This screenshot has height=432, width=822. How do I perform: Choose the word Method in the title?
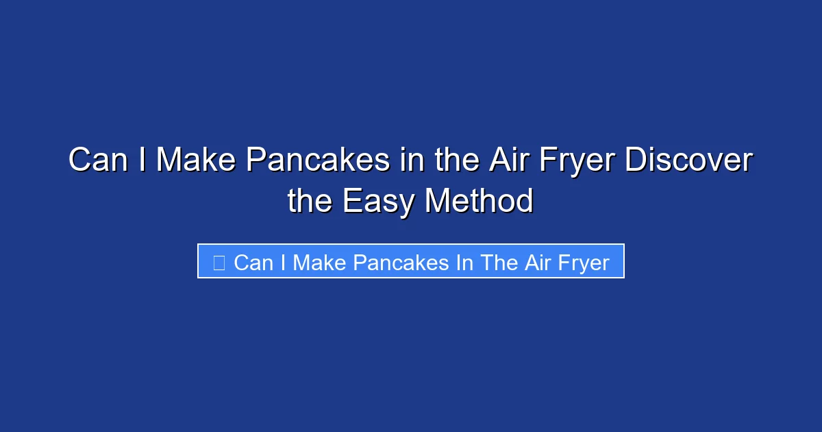pyautogui.click(x=479, y=202)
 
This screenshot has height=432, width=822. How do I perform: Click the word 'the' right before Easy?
pyautogui.click(x=310, y=202)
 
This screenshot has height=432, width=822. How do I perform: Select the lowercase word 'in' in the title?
pyautogui.click(x=412, y=161)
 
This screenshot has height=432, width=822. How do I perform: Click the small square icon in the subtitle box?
pyautogui.click(x=219, y=262)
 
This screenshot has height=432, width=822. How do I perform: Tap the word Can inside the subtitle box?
pyautogui.click(x=253, y=262)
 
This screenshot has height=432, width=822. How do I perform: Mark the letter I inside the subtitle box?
pyautogui.click(x=283, y=262)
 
